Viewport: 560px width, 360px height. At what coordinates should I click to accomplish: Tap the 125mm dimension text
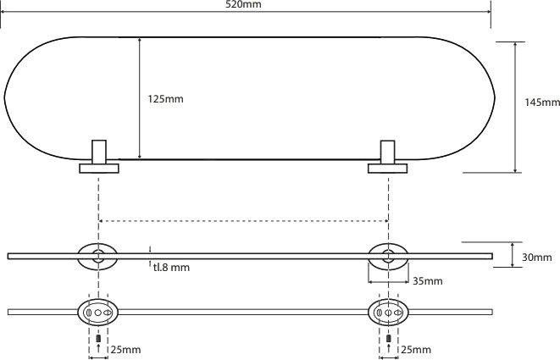(x=165, y=99)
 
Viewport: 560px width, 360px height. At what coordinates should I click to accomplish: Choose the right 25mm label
(x=416, y=349)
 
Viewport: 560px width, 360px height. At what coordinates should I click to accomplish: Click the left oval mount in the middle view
(x=99, y=255)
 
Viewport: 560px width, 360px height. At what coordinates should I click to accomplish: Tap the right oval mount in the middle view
(x=388, y=255)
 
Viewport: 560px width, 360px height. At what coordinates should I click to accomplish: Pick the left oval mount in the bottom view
(x=99, y=312)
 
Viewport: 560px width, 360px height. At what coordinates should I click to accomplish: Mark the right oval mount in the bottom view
(x=388, y=312)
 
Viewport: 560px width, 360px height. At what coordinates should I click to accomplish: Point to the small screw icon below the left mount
(x=99, y=339)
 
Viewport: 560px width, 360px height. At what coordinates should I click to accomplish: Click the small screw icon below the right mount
(x=388, y=339)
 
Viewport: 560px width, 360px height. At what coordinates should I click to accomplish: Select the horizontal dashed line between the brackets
(x=244, y=221)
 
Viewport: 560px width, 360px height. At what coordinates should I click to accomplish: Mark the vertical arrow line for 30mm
(x=515, y=255)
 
